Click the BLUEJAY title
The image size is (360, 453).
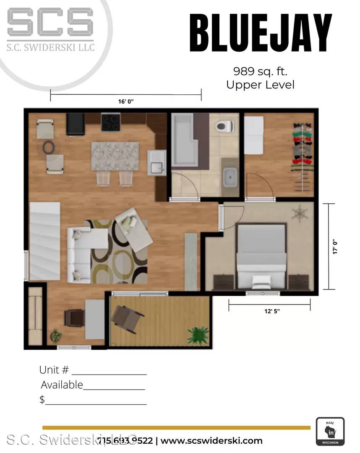[x=261, y=33]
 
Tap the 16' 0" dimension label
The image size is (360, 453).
[x=126, y=102]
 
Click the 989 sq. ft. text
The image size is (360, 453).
[x=260, y=70]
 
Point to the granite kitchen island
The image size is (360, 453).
[x=115, y=156]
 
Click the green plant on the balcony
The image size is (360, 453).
[x=198, y=335]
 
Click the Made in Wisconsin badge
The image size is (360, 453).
[x=330, y=432]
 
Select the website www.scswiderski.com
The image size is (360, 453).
[x=211, y=441]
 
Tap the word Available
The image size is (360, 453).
[x=62, y=385]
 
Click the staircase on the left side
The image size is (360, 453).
[x=44, y=241]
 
